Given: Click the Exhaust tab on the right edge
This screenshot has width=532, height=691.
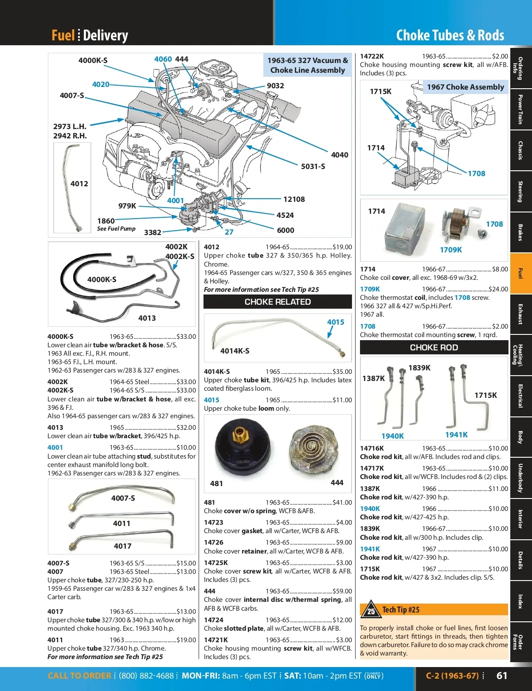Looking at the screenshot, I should pyautogui.click(x=520, y=314).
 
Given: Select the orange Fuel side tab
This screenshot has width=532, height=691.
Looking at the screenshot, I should pyautogui.click(x=520, y=273).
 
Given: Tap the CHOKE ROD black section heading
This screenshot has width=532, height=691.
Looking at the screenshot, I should pyautogui.click(x=434, y=348).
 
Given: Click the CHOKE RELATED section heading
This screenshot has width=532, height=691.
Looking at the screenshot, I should pyautogui.click(x=278, y=302).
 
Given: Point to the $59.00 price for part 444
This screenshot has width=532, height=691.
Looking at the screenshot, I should pyautogui.click(x=342, y=591).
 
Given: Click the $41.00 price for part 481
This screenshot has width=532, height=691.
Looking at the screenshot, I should pyautogui.click(x=342, y=503).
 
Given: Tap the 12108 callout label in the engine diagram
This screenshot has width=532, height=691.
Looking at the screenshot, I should pyautogui.click(x=294, y=199).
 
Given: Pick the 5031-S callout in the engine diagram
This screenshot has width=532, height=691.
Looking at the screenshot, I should pyautogui.click(x=313, y=166).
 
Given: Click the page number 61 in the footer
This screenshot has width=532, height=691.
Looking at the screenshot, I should pyautogui.click(x=502, y=675).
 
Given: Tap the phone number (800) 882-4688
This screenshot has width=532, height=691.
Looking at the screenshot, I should pyautogui.click(x=146, y=676).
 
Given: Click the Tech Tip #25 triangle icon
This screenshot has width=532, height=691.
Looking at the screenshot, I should pyautogui.click(x=370, y=610).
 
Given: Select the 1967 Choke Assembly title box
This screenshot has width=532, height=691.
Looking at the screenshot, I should pyautogui.click(x=465, y=87).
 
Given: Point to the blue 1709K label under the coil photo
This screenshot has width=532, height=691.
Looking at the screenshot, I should pyautogui.click(x=451, y=250).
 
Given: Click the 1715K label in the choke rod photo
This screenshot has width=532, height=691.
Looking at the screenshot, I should pyautogui.click(x=486, y=395).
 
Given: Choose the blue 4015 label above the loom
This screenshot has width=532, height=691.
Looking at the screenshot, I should pyautogui.click(x=336, y=322).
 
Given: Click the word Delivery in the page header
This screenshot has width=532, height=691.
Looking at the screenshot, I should pyautogui.click(x=106, y=35).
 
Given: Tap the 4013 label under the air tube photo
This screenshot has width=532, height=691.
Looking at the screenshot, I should pyautogui.click(x=147, y=318).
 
